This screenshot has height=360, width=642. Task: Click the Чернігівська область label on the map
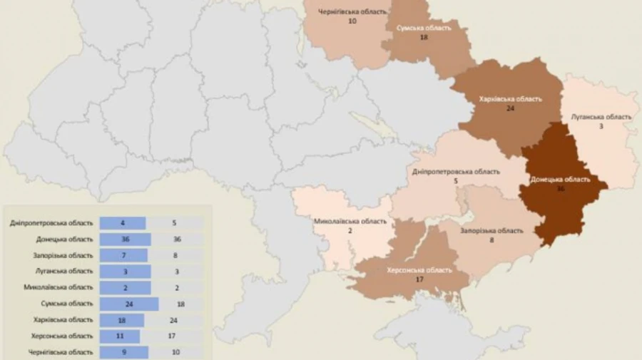coord(352,12)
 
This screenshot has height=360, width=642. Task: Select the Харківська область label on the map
coord(511,99)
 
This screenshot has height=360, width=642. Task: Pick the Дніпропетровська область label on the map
coord(456,172)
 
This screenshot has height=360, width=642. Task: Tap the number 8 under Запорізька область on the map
coord(490,241)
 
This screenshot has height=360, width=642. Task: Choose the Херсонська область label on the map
coord(419,270)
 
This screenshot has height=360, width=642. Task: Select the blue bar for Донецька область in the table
coord(125,239)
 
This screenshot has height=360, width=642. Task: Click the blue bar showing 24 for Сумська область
coord(128,304)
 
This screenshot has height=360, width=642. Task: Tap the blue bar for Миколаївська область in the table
coord(125,287)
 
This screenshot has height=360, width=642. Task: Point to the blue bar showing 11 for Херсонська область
coord(119,336)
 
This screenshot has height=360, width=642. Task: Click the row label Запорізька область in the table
coord(63,255)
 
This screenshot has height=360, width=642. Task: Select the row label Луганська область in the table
coord(63,271)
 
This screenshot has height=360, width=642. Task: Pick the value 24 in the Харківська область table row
coord(174,320)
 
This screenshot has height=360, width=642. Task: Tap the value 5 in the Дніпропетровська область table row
coord(174,223)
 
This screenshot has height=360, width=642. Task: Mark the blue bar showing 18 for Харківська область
coord(121,320)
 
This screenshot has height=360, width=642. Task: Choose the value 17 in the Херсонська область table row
coord(174,336)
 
